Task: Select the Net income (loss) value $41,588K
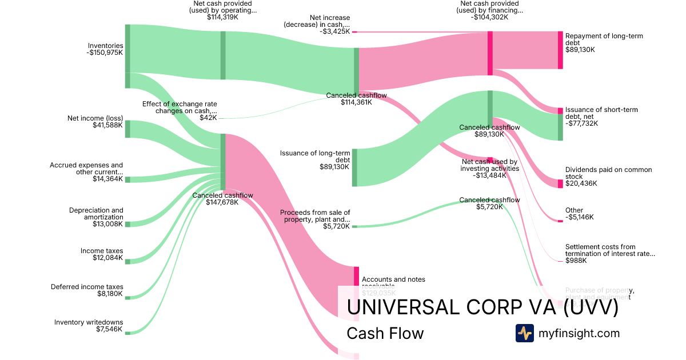(x=107, y=125)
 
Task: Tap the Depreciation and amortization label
(x=96, y=214)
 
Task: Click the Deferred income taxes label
(x=87, y=287)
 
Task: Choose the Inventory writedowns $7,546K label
(x=89, y=326)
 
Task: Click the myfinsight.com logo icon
(x=524, y=333)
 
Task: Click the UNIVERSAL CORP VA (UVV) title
(x=482, y=307)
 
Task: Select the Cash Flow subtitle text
(x=385, y=333)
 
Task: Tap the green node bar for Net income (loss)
(x=127, y=129)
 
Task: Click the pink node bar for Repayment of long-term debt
(x=560, y=50)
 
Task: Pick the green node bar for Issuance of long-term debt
(x=354, y=167)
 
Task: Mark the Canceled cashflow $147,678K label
(x=222, y=198)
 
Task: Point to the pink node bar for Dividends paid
(x=560, y=183)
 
